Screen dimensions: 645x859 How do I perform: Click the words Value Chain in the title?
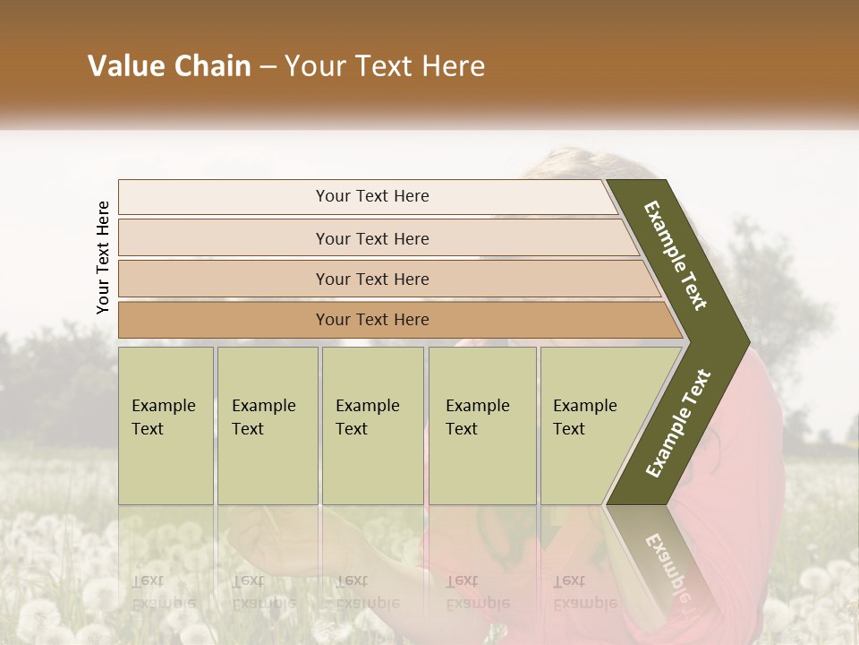(x=169, y=66)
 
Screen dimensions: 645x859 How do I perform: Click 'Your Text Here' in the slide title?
(x=385, y=66)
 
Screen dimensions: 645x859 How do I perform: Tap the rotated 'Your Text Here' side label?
(x=103, y=257)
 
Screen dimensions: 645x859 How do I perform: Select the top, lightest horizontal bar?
(x=224, y=197)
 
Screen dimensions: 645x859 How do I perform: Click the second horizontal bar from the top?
(x=224, y=238)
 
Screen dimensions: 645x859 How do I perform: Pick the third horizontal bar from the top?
(x=224, y=279)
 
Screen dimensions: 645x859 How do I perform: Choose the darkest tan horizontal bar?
(x=224, y=320)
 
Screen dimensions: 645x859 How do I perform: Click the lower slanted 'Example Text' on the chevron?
(x=678, y=424)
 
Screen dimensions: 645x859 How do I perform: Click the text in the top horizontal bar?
(x=372, y=196)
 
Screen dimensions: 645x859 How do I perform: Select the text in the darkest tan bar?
(x=372, y=320)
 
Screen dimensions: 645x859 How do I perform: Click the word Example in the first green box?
(x=164, y=406)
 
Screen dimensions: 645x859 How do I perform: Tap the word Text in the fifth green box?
(x=569, y=429)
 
